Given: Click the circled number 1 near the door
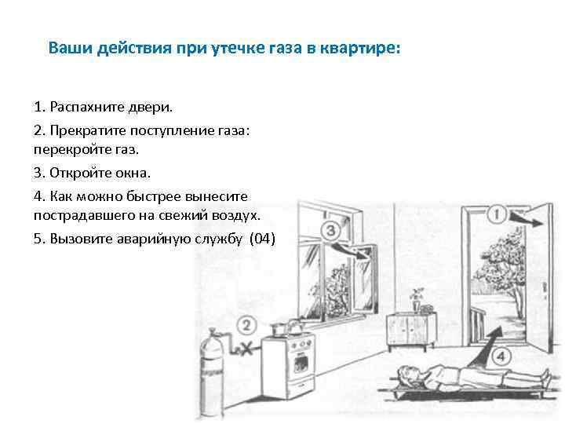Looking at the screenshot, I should tap(497, 214).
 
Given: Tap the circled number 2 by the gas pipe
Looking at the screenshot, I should tap(246, 325).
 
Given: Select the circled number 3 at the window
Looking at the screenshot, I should tap(330, 230).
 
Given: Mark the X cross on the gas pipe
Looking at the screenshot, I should tap(246, 346).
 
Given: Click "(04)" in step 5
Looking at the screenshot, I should tap(261, 239).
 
